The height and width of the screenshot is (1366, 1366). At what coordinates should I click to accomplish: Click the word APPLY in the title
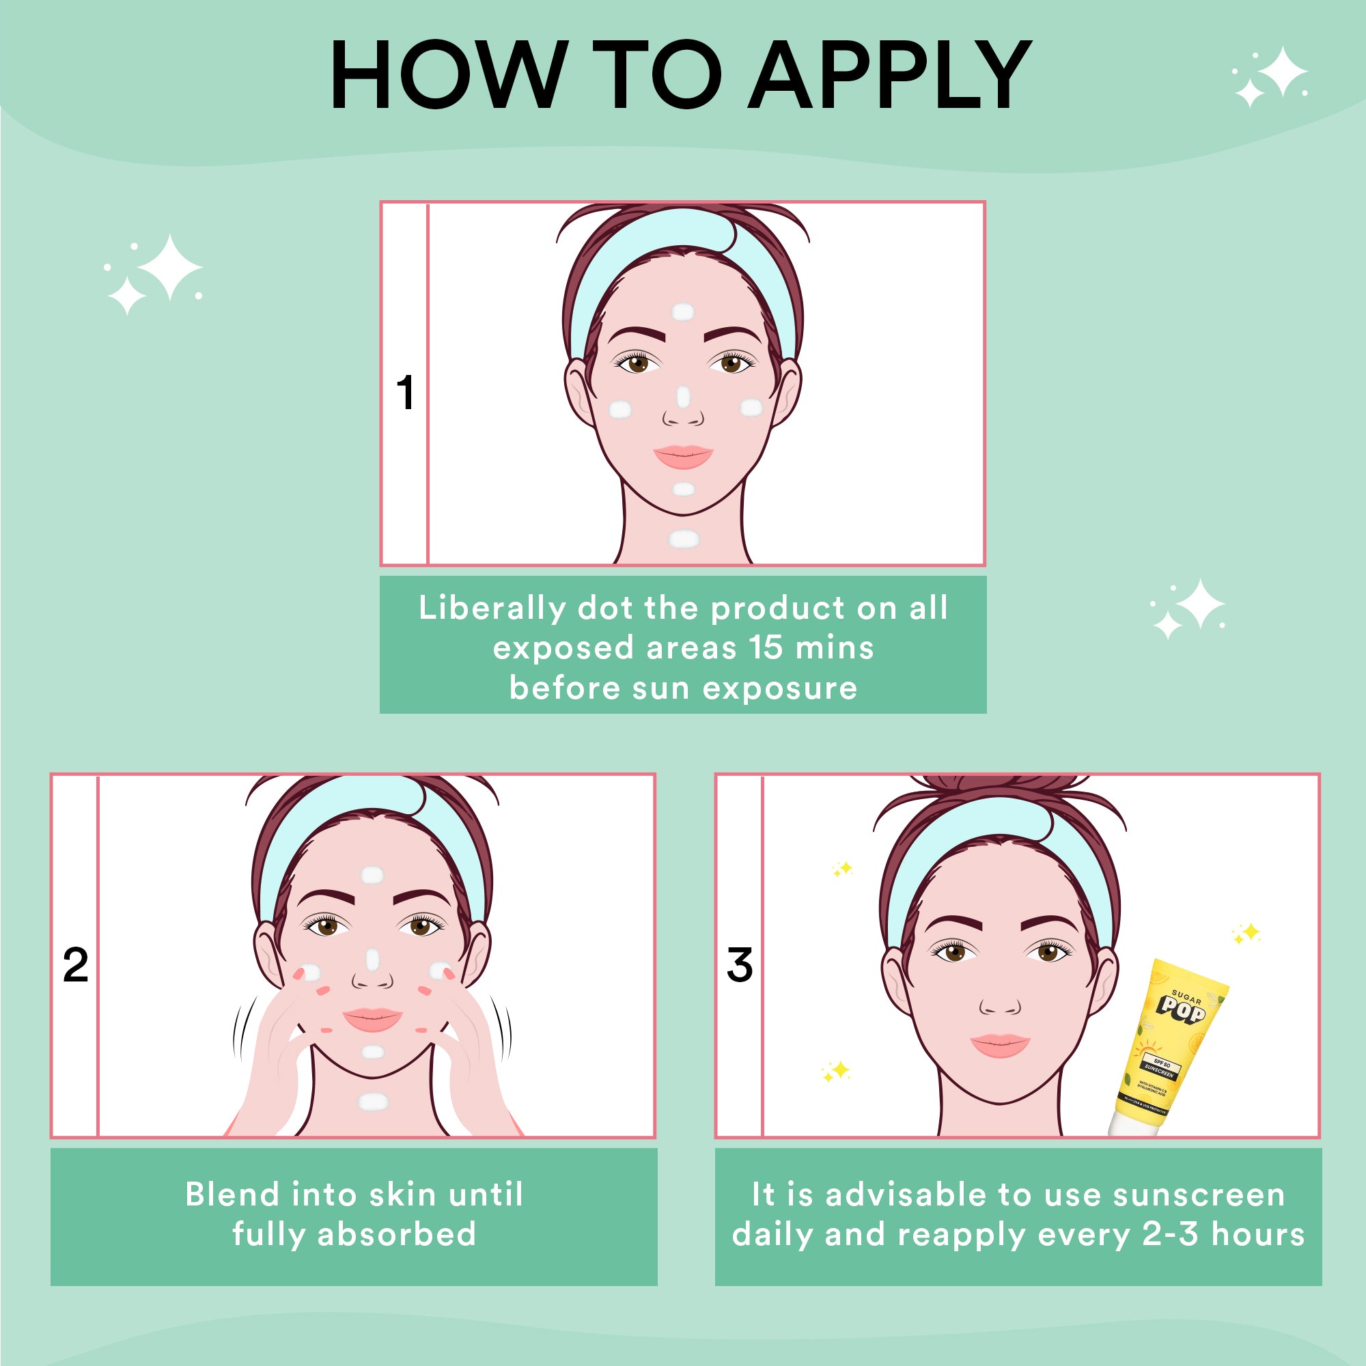pos(890,75)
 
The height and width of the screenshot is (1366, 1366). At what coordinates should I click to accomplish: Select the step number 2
pos(76,965)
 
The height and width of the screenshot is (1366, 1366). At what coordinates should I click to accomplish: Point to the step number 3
pos(740,965)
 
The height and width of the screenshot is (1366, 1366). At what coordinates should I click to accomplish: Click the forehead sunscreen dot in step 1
pos(682,311)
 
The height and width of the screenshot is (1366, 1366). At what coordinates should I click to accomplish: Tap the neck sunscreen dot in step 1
pos(684,540)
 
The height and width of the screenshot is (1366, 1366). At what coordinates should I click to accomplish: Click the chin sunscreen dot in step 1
pos(684,488)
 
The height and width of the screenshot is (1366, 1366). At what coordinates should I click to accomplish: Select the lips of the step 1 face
pos(683,457)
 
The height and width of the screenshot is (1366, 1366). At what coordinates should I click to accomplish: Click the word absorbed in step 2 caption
pos(397,1234)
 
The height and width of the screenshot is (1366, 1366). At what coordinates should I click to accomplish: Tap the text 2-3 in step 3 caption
pos(1170,1234)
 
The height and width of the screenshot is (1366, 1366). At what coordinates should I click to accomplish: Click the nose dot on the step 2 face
pos(373,960)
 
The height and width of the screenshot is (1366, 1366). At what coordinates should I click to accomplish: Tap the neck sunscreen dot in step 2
pos(373,1102)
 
